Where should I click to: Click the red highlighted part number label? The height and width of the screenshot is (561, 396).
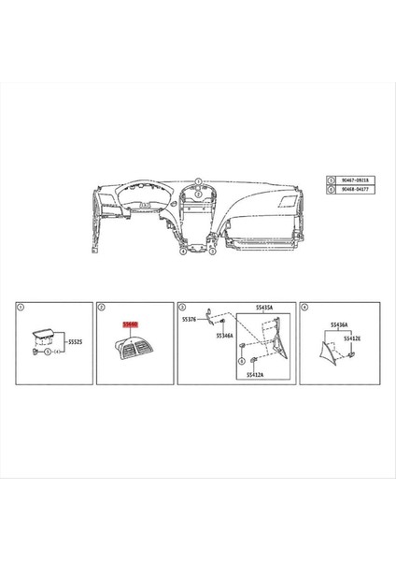131,324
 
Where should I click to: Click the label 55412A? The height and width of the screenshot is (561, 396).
255,374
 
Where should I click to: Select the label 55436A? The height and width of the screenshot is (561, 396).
339,324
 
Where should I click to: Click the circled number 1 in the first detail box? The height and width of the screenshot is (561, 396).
21,306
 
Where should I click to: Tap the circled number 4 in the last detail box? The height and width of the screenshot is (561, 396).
303,306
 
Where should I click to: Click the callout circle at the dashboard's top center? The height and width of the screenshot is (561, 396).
198,179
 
